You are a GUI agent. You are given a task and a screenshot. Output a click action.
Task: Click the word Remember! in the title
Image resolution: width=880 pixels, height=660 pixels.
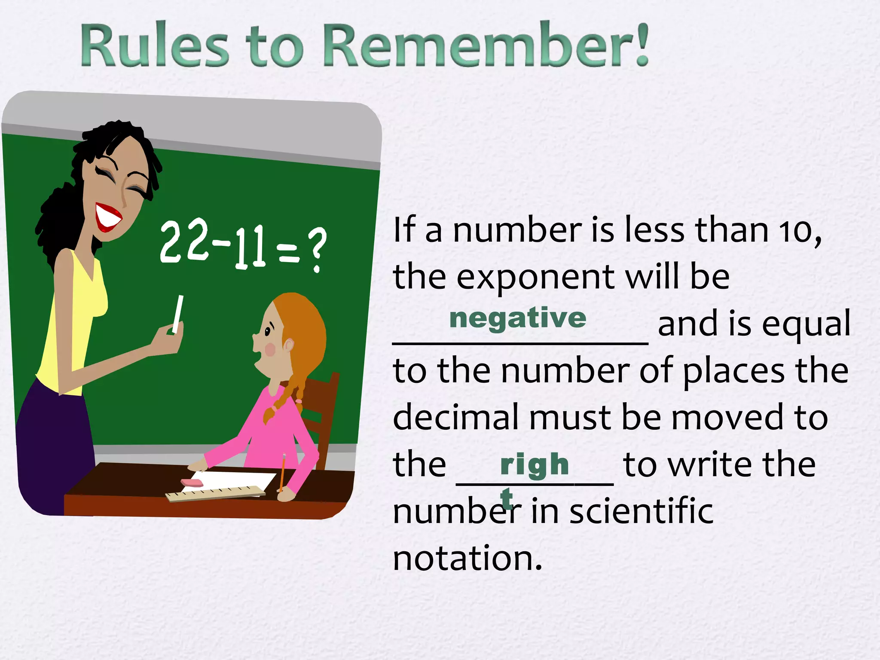(486, 45)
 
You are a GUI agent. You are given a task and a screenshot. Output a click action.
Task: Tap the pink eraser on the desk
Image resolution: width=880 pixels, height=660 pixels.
(192, 483)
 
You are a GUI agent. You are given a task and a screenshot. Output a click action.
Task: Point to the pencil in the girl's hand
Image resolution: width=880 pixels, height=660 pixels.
(282, 473)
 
